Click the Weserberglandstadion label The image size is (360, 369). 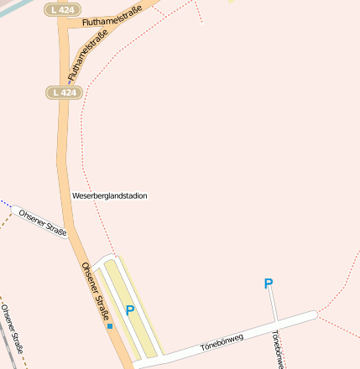[110, 195]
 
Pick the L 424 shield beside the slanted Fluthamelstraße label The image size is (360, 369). [64, 91]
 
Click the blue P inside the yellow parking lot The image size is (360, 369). [130, 310]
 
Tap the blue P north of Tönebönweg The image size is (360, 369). [269, 284]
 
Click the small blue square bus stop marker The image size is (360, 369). [109, 325]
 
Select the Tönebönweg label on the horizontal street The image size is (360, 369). [222, 340]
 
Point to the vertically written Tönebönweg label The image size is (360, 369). [278, 349]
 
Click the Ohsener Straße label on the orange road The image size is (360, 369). [97, 290]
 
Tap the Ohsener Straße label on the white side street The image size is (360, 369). [43, 221]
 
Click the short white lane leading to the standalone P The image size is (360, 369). [273, 307]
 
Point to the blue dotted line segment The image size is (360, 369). [5, 204]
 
